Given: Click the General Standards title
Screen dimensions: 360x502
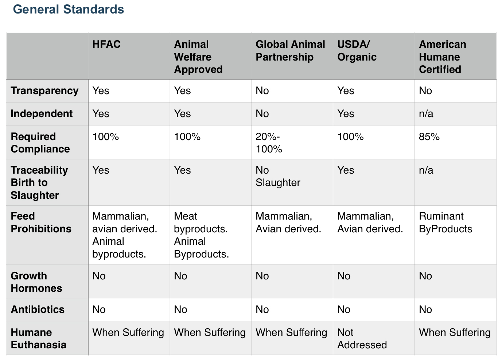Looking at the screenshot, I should (x=69, y=9).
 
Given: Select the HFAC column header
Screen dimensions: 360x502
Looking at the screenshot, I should (x=106, y=44).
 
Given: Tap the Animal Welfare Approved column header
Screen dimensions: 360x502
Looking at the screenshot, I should (x=198, y=57).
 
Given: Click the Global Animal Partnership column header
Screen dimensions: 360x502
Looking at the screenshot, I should (x=290, y=51).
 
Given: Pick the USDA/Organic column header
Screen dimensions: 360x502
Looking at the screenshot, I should (x=357, y=51).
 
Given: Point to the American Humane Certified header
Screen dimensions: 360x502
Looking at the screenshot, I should (x=442, y=57).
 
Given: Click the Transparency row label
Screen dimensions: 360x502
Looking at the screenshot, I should (x=44, y=91).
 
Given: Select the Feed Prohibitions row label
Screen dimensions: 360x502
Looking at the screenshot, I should (x=41, y=222).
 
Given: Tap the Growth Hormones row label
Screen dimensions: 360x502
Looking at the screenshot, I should (x=36, y=282).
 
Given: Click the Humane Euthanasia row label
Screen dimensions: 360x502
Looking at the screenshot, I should (x=39, y=338).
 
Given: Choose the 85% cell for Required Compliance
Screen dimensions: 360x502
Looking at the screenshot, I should (x=429, y=137).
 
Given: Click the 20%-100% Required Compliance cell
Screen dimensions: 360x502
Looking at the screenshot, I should (x=269, y=143).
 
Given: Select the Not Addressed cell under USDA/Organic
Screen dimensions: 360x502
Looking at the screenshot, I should (x=362, y=338).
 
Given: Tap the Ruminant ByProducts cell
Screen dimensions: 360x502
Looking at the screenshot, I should (x=445, y=222).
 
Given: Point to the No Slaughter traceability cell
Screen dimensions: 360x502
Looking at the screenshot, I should (x=278, y=177).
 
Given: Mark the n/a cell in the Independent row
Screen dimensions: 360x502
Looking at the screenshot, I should (x=426, y=114).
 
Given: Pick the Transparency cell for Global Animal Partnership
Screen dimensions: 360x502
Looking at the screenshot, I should (x=262, y=91).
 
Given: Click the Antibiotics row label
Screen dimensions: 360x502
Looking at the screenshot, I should (x=38, y=310).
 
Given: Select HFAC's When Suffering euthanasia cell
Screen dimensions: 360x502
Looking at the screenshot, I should (x=128, y=333).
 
